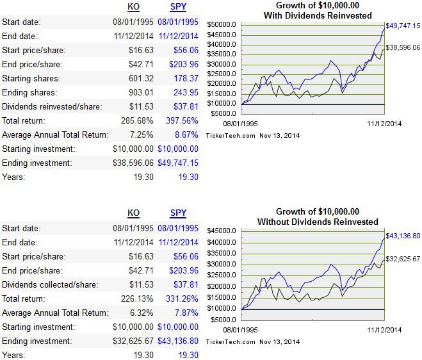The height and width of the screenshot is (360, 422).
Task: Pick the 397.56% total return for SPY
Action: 183,120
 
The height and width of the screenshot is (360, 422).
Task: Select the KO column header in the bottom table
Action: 133,213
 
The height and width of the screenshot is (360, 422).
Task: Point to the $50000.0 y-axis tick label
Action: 222,24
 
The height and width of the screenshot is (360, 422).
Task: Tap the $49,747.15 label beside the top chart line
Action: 403,26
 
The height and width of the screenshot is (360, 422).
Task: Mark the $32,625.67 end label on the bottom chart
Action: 403,259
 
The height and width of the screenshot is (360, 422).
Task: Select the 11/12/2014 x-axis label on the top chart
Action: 383,123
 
